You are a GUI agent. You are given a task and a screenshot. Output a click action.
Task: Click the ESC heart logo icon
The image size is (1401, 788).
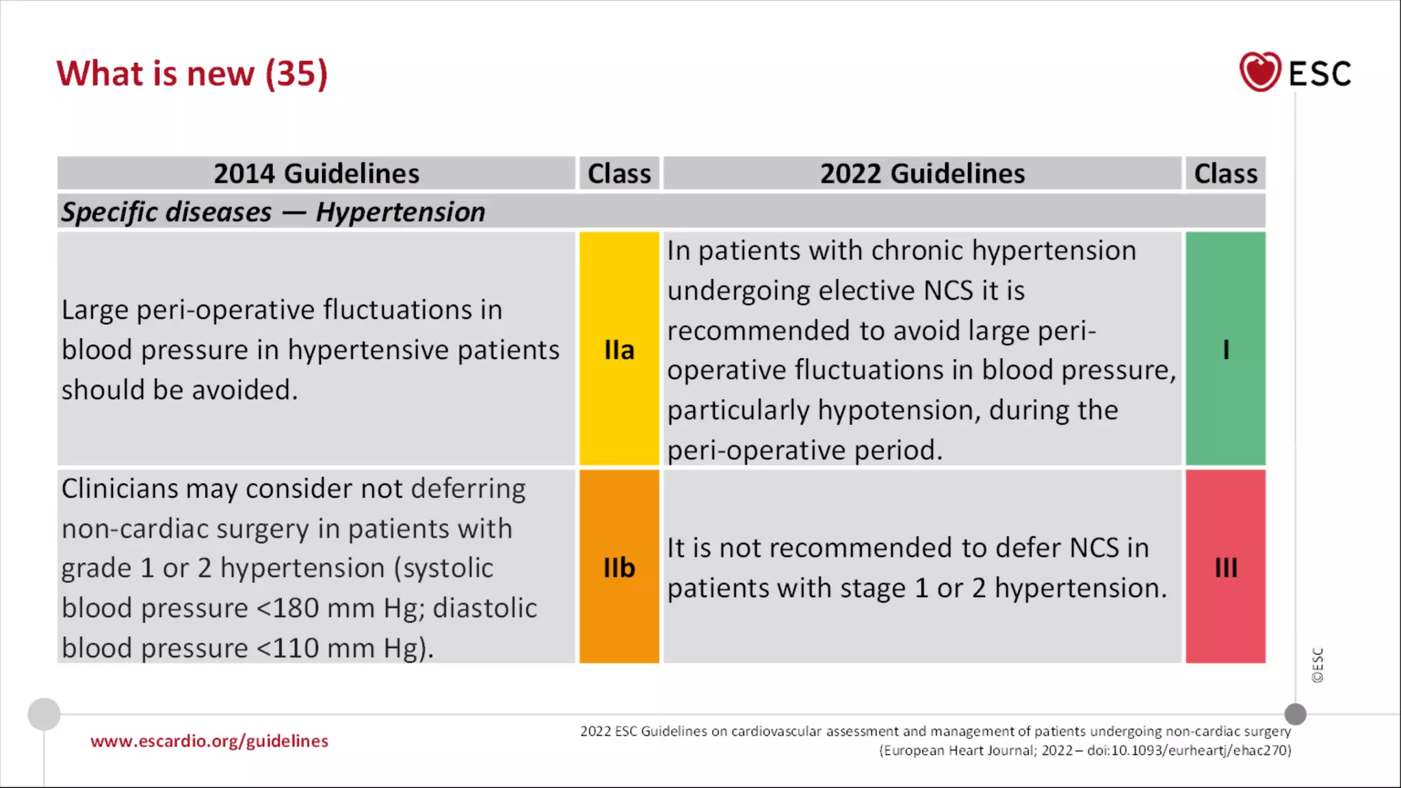tap(1259, 72)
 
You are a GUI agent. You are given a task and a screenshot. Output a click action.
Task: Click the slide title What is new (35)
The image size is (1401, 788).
tap(192, 73)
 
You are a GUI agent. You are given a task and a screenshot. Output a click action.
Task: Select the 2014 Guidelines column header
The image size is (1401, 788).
tap(316, 173)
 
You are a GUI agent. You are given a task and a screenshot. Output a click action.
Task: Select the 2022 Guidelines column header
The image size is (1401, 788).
tap(922, 173)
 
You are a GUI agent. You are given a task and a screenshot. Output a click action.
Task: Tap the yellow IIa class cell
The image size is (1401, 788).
tap(619, 350)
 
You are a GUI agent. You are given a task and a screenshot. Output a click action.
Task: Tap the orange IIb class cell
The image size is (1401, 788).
tap(619, 567)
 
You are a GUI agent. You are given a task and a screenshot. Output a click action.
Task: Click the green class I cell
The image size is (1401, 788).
tap(1225, 350)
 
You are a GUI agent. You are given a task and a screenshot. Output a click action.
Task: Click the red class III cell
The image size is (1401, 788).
tap(1225, 567)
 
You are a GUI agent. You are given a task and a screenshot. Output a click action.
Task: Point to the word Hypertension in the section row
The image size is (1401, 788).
tap(400, 212)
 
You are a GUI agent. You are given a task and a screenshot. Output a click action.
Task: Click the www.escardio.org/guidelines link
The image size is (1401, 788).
tap(209, 741)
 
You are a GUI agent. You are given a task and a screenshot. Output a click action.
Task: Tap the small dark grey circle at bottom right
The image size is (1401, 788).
tap(1295, 714)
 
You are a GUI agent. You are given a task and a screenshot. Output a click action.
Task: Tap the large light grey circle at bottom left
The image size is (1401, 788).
tap(44, 714)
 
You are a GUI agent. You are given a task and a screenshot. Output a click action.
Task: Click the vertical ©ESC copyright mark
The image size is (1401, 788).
tap(1318, 665)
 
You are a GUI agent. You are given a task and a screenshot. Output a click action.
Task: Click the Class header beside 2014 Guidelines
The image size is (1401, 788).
tap(619, 173)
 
